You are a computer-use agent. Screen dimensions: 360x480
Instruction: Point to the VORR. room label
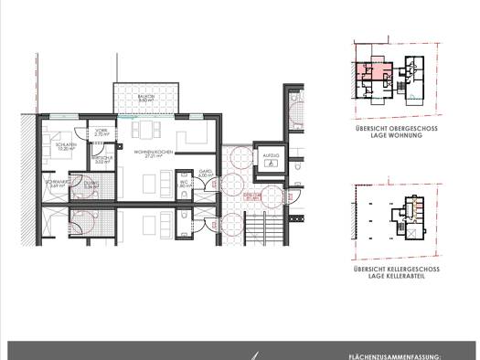pos(101,131)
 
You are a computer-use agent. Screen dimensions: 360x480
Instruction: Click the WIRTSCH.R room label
pos(101,157)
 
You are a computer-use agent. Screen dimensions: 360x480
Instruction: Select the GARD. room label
pos(206,170)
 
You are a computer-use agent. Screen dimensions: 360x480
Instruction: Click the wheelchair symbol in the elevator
pos(270,154)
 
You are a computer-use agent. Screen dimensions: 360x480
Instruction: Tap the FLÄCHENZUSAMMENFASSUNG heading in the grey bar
pos(395,355)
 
